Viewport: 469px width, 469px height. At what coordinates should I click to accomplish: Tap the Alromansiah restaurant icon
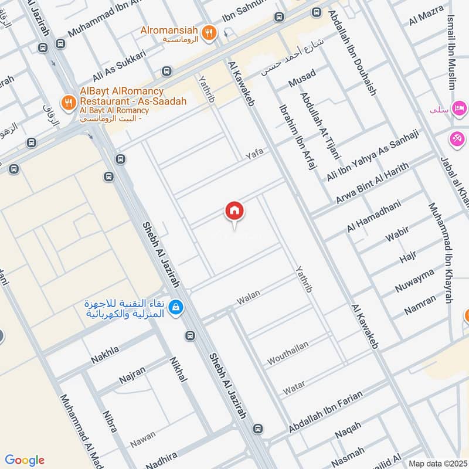207,32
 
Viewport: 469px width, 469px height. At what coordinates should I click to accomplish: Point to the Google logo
25,460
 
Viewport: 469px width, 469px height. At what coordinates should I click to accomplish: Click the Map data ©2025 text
438,463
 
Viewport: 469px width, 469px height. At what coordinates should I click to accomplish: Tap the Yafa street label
254,154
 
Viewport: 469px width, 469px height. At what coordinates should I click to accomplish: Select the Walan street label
248,297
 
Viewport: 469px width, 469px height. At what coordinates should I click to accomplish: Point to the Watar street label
294,388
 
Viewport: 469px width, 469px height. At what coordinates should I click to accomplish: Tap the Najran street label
132,374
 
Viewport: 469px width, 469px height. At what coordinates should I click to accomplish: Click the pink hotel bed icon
460,109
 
